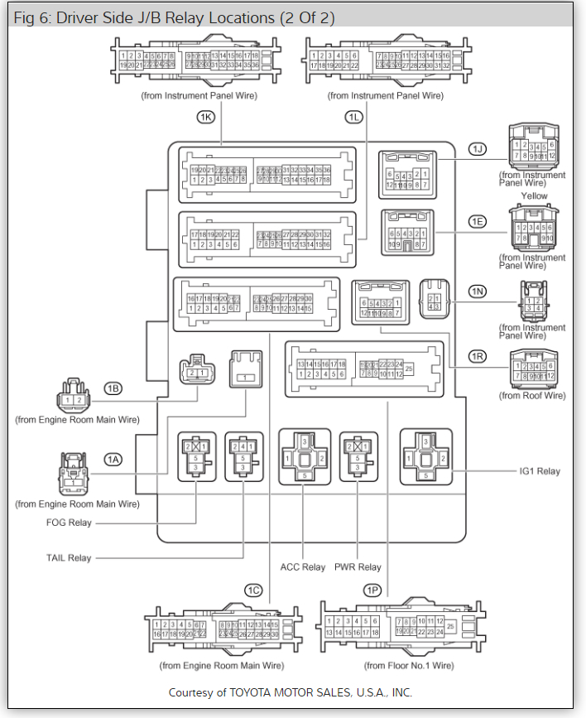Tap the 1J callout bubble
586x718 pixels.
(477, 149)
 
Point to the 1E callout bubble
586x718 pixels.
(477, 222)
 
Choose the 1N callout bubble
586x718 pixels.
(477, 292)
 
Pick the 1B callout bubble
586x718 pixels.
(113, 388)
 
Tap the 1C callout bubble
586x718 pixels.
(253, 590)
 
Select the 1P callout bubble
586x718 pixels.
(372, 590)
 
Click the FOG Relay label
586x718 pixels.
(69, 523)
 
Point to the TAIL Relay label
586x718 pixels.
(69, 558)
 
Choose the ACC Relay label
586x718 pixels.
(302, 567)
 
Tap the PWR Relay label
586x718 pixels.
(358, 567)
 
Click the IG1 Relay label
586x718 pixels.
(539, 471)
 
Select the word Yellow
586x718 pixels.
(534, 196)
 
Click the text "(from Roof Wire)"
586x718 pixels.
(532, 396)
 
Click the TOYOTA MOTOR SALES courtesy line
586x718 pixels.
(290, 692)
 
